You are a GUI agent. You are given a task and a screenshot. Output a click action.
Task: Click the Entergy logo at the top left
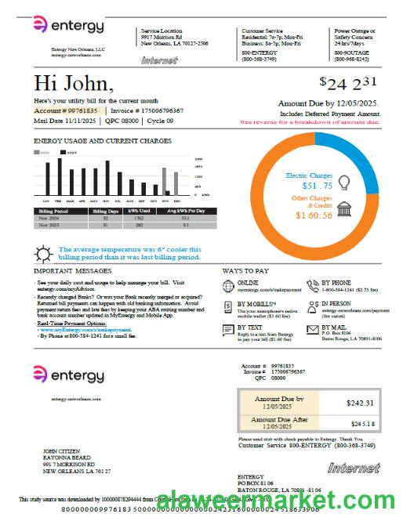coord(68,26)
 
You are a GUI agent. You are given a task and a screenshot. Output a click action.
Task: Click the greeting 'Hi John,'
coord(74,84)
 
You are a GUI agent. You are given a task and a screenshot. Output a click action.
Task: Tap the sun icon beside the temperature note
coord(44,252)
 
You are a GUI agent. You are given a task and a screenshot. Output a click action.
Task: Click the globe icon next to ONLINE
coord(228,285)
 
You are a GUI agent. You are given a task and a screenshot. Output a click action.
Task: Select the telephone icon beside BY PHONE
coord(313,285)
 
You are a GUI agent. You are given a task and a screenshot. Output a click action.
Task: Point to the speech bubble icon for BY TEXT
coord(228,330)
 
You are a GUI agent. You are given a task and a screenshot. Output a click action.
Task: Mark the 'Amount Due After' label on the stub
coord(279,420)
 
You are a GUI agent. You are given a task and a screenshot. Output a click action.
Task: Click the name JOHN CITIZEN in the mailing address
coord(61,451)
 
